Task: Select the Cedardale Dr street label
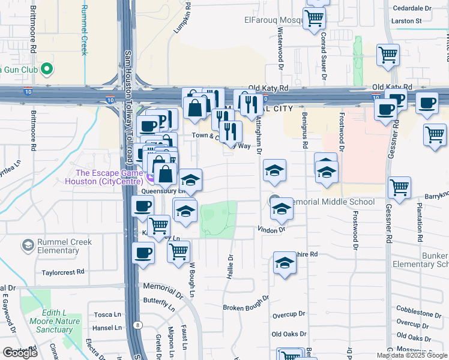point(411,9)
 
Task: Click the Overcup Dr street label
point(289,314)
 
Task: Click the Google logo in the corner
point(20,353)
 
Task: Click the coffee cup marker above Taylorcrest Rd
point(143,253)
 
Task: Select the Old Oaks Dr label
point(289,334)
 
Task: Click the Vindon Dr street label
point(271,229)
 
